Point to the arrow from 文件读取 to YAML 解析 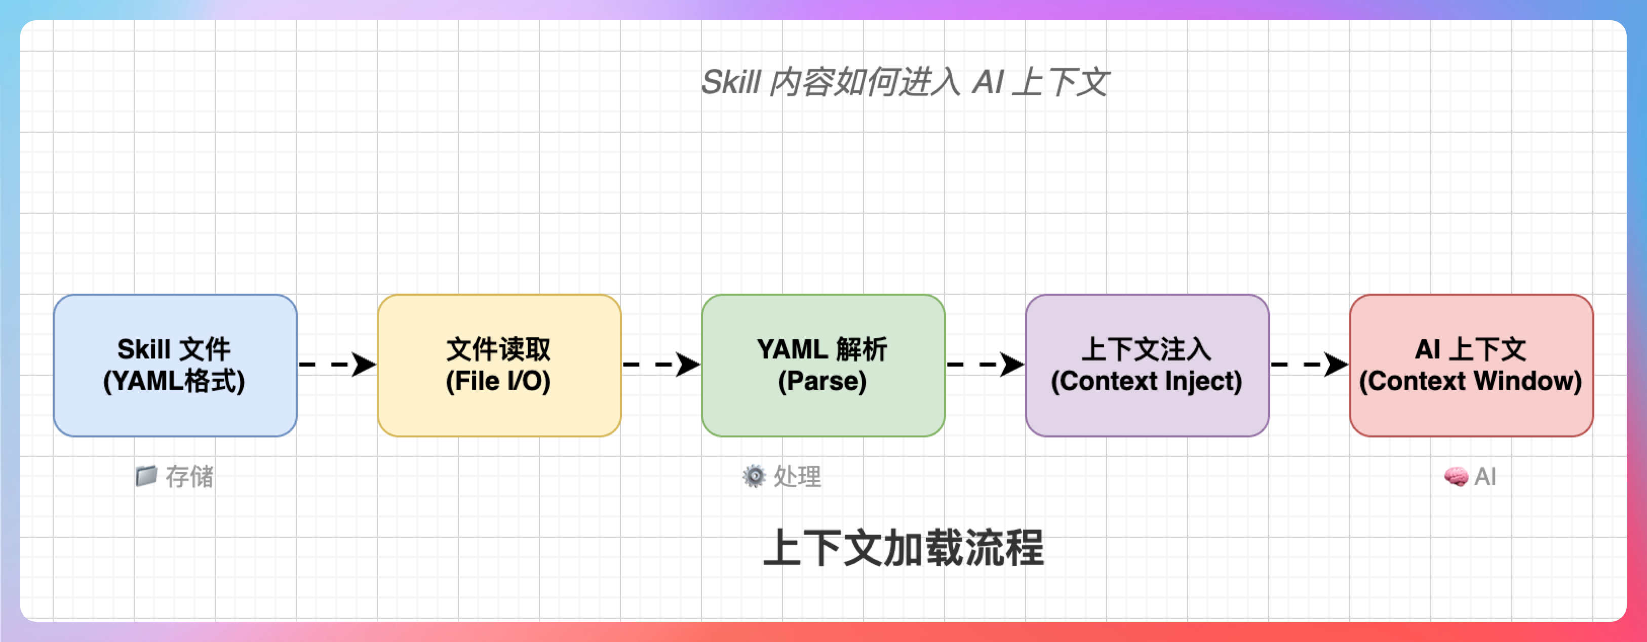point(661,365)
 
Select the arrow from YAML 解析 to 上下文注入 point(985,365)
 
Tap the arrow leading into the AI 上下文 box point(1309,365)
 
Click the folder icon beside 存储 point(146,476)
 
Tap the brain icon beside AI point(1456,476)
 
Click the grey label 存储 point(190,476)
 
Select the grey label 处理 point(797,476)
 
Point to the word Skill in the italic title point(731,83)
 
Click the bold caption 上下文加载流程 point(904,548)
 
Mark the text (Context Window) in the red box point(1471,381)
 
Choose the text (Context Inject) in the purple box point(1147,381)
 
